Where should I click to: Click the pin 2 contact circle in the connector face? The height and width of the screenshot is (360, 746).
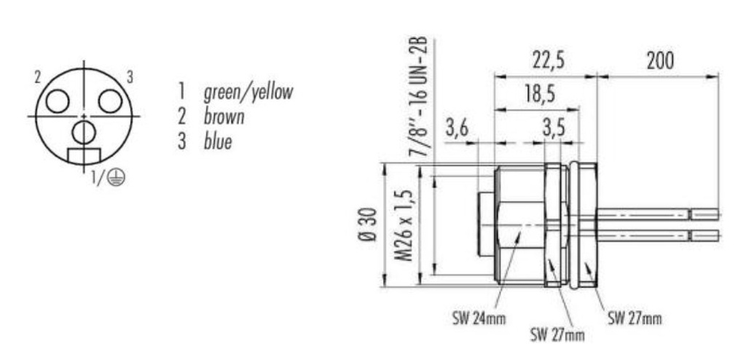(58, 101)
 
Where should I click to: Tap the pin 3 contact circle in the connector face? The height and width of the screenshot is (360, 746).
(110, 101)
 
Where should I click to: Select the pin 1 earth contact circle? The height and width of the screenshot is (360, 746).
(84, 132)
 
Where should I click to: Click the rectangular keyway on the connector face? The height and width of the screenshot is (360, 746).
(83, 156)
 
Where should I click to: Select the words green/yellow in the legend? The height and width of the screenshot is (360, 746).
(248, 91)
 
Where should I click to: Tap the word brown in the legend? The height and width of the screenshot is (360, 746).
(224, 116)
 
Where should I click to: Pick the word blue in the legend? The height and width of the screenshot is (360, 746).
(218, 141)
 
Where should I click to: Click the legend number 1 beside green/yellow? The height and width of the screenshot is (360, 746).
(181, 91)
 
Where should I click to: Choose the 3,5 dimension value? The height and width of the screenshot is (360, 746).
(554, 130)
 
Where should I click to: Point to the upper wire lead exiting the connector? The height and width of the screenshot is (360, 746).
(656, 214)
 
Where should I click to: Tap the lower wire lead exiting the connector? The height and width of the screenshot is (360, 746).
(656, 235)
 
